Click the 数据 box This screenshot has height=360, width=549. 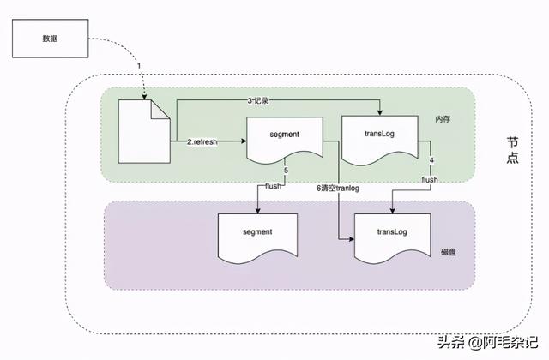(50, 39)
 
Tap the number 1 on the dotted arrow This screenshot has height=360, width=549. (139, 66)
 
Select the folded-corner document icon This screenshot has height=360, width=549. (144, 131)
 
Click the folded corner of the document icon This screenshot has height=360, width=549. (160, 110)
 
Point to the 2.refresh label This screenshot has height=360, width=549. (202, 142)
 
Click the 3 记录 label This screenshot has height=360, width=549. (258, 101)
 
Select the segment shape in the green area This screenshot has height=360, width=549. (285, 141)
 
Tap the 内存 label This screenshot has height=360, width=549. (443, 119)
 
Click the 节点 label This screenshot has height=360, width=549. (513, 150)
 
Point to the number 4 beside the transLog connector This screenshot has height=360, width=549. (431, 160)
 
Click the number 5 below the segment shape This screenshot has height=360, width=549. (286, 171)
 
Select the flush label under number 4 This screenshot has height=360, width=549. (430, 180)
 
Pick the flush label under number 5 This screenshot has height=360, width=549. (273, 186)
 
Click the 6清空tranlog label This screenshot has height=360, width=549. (338, 189)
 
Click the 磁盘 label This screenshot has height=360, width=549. (448, 252)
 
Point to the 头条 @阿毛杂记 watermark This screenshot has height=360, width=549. (488, 342)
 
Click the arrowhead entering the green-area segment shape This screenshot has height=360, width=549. (244, 141)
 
